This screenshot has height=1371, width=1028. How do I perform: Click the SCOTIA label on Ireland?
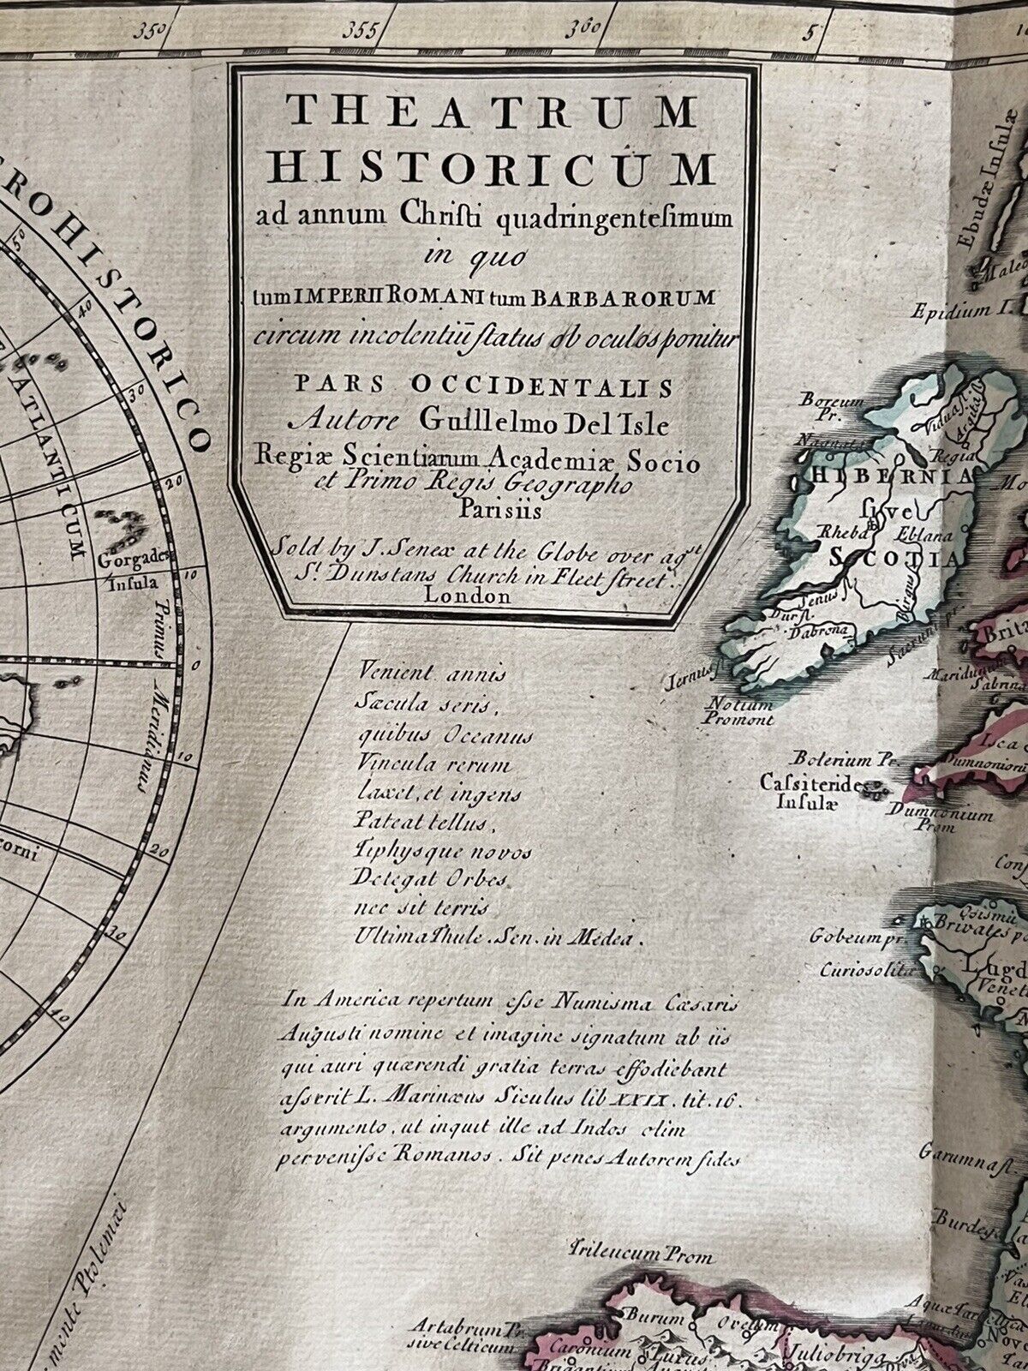(x=891, y=559)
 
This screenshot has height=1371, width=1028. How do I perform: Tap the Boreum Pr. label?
(x=821, y=406)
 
